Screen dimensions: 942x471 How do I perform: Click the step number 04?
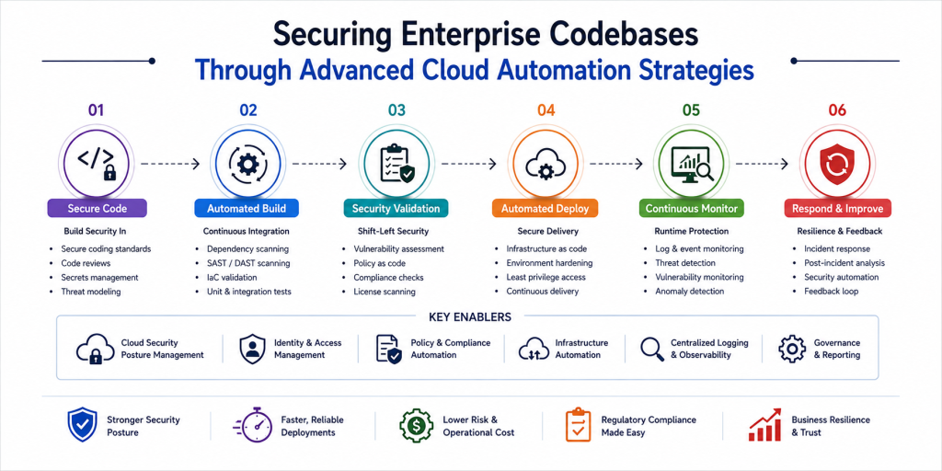[546, 110]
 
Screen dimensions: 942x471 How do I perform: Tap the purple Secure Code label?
[98, 209]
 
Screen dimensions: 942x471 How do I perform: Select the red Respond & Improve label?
[837, 209]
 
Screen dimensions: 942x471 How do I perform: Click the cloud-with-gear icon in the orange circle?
[545, 164]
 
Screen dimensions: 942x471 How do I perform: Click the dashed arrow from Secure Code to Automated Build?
[170, 164]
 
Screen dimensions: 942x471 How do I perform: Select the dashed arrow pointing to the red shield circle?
[761, 164]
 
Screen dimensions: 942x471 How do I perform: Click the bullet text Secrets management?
[99, 278]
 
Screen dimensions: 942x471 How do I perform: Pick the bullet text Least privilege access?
[546, 278]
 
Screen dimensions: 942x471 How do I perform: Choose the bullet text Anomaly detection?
[690, 292]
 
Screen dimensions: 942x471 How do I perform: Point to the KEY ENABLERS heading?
[470, 316]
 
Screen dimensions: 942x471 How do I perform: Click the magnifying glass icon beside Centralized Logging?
[652, 349]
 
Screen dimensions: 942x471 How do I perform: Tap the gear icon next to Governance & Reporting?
[792, 349]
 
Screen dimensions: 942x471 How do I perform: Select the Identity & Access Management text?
[307, 349]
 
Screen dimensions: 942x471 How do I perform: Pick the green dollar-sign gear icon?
[417, 425]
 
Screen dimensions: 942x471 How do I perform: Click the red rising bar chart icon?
[764, 425]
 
